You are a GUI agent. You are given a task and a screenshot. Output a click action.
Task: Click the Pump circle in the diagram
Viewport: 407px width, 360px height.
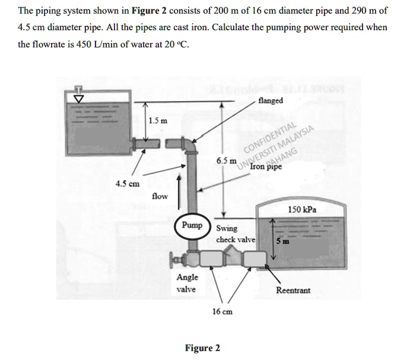tap(192, 226)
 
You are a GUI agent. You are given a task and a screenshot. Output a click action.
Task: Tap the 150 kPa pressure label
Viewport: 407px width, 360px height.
tap(301, 210)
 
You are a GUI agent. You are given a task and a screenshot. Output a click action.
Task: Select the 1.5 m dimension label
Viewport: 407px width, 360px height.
tap(158, 121)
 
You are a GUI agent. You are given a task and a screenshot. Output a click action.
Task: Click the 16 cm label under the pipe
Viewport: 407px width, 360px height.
tap(222, 311)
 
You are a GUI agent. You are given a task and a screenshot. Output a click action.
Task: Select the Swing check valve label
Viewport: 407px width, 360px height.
tap(235, 234)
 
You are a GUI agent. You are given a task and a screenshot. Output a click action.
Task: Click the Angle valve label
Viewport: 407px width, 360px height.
tap(187, 283)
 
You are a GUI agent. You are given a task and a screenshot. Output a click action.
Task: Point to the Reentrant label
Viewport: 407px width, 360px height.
tap(293, 291)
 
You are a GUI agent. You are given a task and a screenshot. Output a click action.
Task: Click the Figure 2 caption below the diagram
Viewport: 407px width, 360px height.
tap(202, 348)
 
